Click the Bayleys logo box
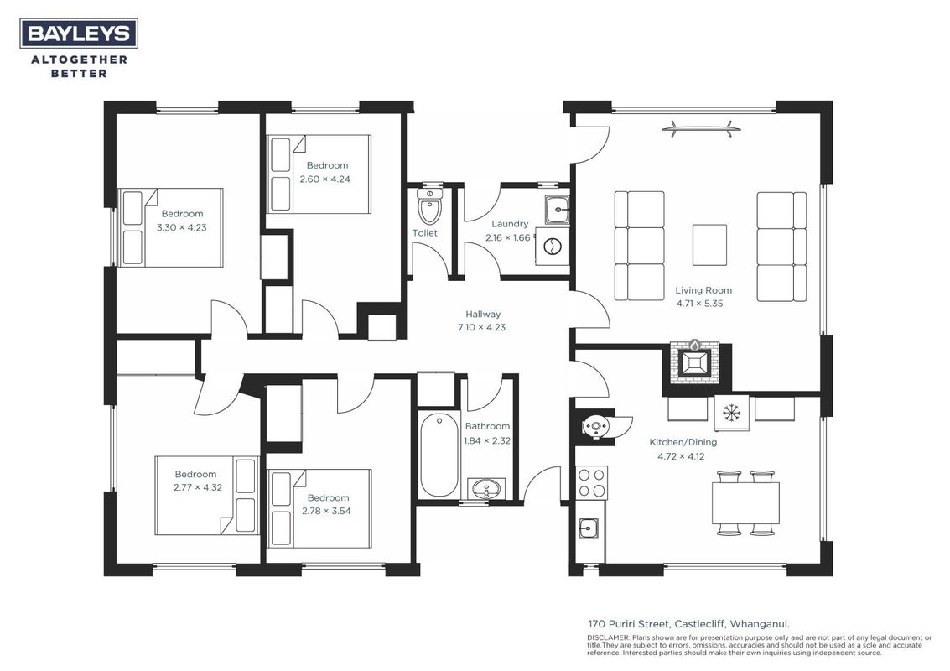(x=79, y=33)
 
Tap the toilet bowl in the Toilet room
(x=430, y=206)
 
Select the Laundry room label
(x=510, y=224)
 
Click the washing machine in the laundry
(x=553, y=246)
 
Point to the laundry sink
(x=557, y=210)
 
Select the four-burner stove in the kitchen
(x=591, y=482)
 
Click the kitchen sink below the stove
(x=589, y=528)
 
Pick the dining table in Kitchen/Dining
(x=745, y=503)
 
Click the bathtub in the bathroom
(x=439, y=455)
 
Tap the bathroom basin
(x=485, y=489)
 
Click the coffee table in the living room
(x=709, y=245)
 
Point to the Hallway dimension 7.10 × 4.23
(x=481, y=327)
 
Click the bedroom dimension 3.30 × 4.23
(x=182, y=228)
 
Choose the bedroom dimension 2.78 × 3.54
(x=326, y=511)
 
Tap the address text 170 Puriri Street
(x=628, y=624)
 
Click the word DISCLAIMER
(x=609, y=637)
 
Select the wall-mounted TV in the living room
(x=699, y=127)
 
